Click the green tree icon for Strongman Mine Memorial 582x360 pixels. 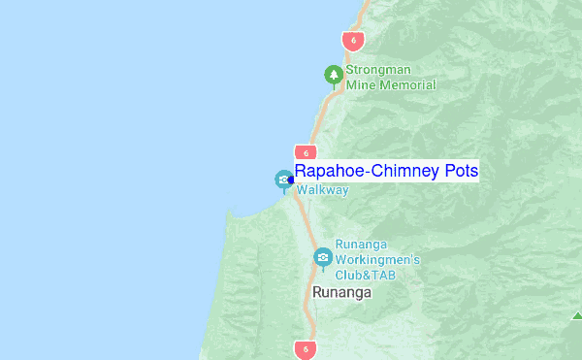tap(334, 74)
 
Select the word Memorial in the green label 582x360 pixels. tap(406, 85)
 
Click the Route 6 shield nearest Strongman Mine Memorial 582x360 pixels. tap(353, 41)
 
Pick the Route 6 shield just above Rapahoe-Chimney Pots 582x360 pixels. tap(306, 153)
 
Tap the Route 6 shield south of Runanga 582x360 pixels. tap(307, 348)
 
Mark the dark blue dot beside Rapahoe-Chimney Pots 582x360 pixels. tap(291, 179)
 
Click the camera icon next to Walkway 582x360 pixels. tap(282, 179)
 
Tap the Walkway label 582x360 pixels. tap(322, 190)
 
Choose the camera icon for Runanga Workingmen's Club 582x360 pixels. tap(322, 257)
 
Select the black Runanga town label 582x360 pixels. tap(341, 292)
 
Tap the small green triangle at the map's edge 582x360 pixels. tap(577, 314)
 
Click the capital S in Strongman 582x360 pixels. tap(349, 71)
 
